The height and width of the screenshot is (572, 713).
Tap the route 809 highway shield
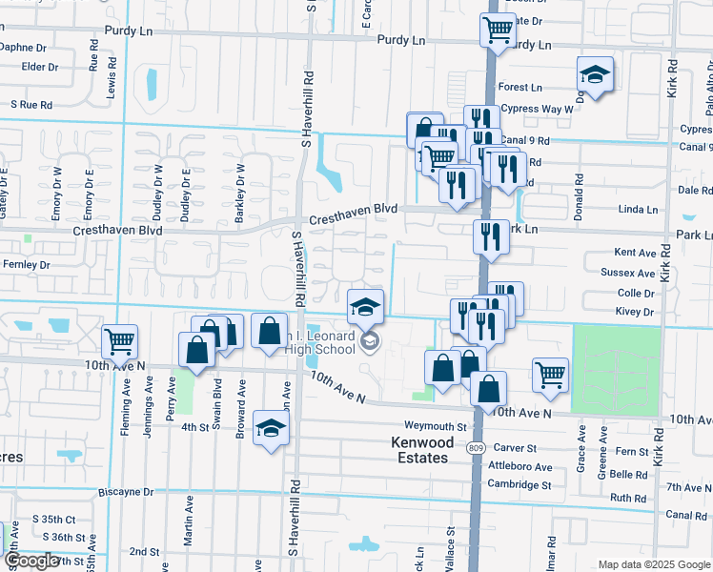(475, 447)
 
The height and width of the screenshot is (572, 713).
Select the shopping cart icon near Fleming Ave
(120, 340)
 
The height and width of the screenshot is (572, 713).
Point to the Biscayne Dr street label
(126, 492)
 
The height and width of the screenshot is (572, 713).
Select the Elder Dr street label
(40, 67)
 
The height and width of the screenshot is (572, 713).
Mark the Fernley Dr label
(26, 264)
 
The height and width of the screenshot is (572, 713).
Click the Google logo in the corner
(31, 561)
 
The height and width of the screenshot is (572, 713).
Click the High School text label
(327, 351)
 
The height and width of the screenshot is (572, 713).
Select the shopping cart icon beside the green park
(551, 375)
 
